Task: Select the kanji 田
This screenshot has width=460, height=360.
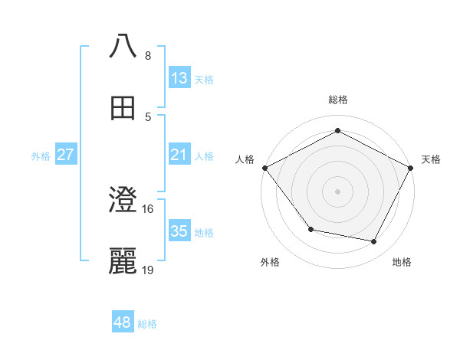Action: tap(123, 109)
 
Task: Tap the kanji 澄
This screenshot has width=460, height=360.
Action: tap(123, 200)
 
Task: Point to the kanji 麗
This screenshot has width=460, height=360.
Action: tap(123, 261)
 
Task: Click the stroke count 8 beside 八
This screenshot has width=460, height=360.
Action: tap(147, 56)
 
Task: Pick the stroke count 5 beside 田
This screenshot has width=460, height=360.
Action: tap(147, 116)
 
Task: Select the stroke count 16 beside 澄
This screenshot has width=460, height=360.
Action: tap(148, 208)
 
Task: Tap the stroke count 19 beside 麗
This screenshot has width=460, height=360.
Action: tap(148, 270)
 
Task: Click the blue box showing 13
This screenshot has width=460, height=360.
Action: tap(179, 78)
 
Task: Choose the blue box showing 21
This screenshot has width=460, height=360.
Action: tap(179, 155)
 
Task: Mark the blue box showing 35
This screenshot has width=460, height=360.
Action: tap(179, 231)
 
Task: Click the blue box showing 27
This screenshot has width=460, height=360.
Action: tap(65, 155)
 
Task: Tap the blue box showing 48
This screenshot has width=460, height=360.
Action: tap(122, 322)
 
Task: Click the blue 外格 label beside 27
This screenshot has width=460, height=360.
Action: tap(41, 156)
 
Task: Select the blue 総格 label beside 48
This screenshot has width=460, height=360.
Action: tap(147, 324)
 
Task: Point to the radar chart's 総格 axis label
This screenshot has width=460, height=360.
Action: tap(337, 100)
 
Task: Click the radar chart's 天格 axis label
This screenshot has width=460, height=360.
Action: tap(432, 159)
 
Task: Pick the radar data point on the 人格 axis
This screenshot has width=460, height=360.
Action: tap(264, 167)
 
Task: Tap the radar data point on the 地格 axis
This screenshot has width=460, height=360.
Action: tap(374, 242)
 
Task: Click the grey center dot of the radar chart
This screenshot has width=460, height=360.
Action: tap(337, 191)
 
